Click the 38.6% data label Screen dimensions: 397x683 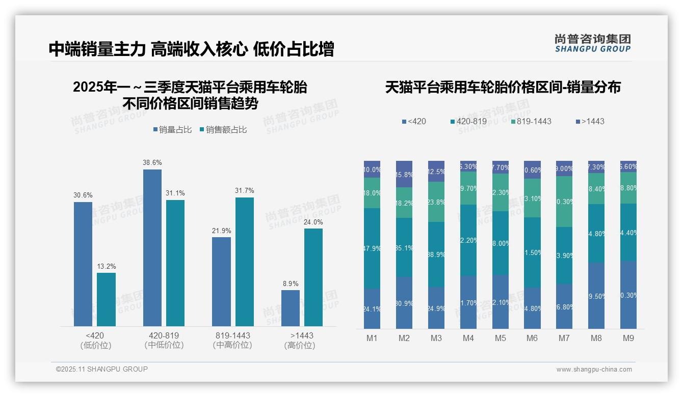click(152, 162)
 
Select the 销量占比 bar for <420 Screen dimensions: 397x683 click(83, 264)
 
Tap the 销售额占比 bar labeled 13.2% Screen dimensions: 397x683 click(106, 299)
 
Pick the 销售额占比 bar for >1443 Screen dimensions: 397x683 click(313, 277)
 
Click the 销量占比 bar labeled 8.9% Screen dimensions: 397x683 click(291, 308)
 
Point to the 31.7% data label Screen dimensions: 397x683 click(245, 190)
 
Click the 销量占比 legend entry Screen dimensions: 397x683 click(172, 130)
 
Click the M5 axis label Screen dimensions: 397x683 click(500, 338)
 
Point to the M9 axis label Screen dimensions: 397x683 click(628, 338)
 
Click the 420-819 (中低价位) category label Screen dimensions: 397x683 click(164, 340)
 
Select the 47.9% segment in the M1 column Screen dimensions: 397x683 click(372, 248)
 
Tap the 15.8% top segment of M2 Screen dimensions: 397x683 click(404, 174)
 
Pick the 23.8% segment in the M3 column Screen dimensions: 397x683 click(436, 202)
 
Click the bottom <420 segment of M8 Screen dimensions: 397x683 click(596, 295)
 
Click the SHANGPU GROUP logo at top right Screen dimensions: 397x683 click(593, 43)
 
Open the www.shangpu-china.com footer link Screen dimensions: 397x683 click(594, 370)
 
